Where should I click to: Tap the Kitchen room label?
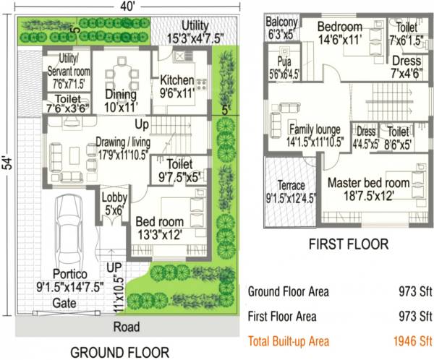[177, 80]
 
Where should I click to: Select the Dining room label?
[120, 94]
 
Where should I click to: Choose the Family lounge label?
[313, 129]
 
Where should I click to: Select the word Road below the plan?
[127, 327]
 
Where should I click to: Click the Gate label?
[64, 304]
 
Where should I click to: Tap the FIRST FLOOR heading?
[349, 244]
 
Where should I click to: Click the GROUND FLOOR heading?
[120, 352]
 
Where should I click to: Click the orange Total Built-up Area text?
[289, 340]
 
